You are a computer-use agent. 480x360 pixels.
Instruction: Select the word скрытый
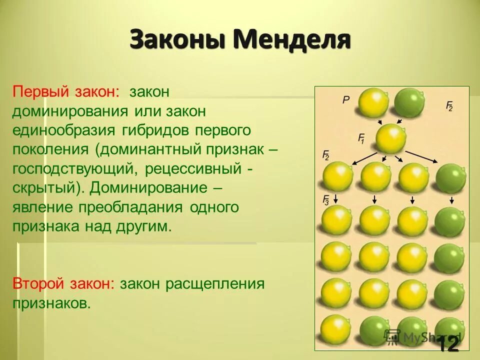click(x=41, y=188)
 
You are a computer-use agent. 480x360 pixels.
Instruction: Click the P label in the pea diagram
click(x=345, y=99)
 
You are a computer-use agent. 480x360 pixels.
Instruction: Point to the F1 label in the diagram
click(x=362, y=137)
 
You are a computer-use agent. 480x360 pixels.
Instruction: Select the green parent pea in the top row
click(x=409, y=102)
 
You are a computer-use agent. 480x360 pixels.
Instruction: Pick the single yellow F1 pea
click(x=390, y=138)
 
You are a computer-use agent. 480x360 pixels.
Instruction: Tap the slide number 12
click(x=448, y=344)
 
